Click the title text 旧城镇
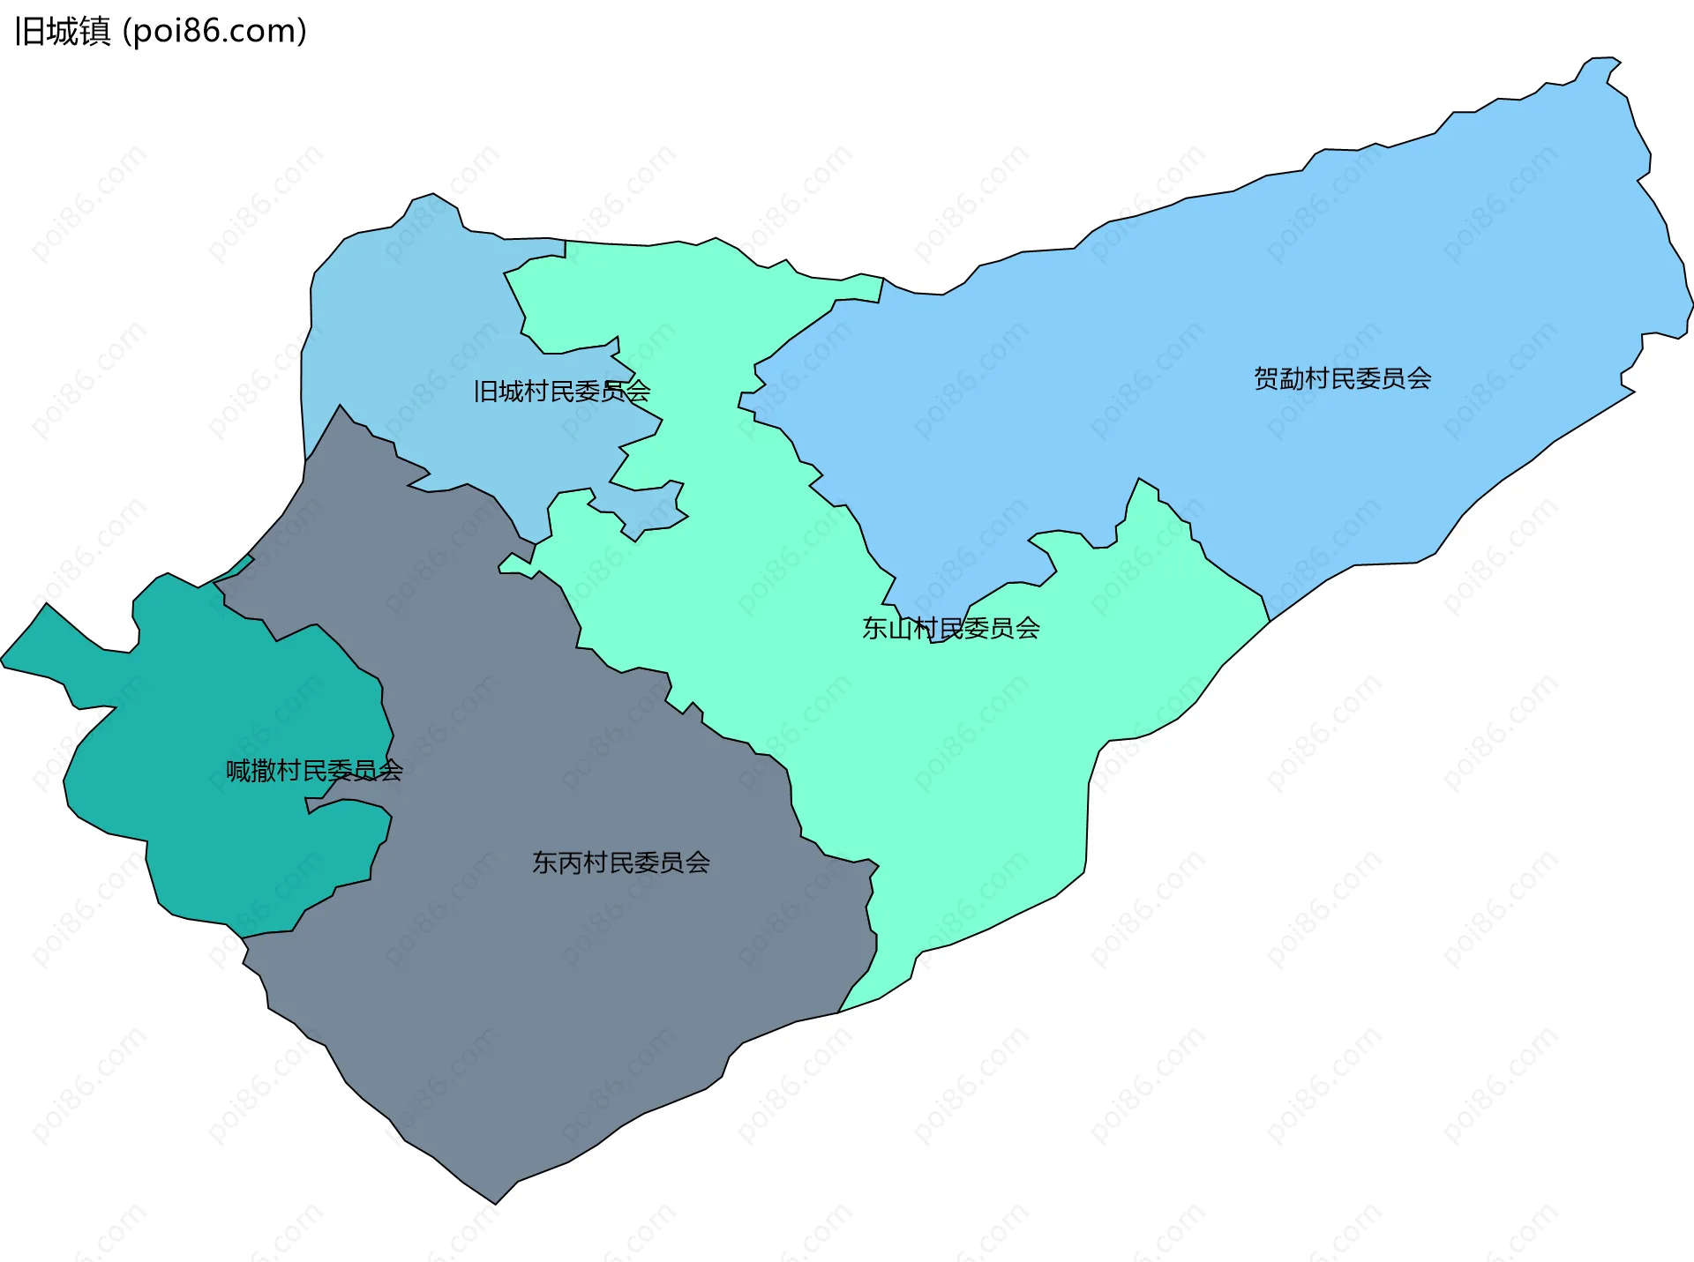[63, 32]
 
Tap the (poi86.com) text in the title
[214, 32]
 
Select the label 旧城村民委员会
[561, 391]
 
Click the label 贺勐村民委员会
[1342, 378]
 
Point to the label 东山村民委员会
[950, 628]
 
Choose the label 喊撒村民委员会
[314, 771]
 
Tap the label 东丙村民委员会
[620, 862]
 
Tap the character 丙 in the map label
[570, 862]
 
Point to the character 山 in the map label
[900, 628]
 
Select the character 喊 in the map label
[238, 771]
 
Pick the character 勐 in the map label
[1292, 378]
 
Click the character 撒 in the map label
[264, 771]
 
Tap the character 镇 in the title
[94, 32]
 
